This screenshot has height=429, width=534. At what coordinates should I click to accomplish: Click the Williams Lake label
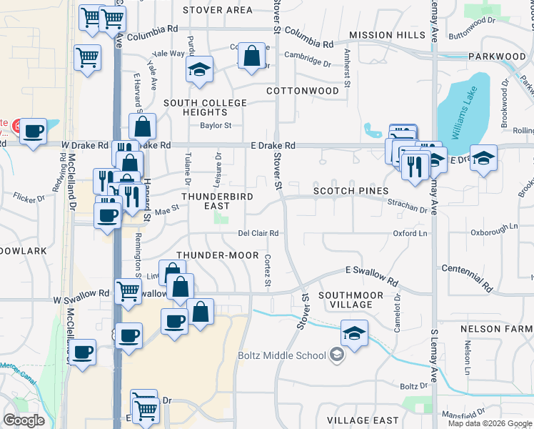[464, 107]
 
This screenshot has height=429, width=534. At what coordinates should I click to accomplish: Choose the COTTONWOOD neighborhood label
[302, 92]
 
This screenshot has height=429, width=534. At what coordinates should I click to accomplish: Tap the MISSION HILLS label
[387, 35]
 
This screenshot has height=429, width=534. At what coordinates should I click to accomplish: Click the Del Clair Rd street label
[258, 233]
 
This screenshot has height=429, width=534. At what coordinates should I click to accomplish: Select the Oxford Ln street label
[410, 233]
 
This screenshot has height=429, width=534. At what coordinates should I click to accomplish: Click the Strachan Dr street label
[407, 206]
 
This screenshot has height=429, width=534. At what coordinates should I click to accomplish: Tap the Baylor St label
[216, 126]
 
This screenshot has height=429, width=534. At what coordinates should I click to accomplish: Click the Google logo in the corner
[24, 420]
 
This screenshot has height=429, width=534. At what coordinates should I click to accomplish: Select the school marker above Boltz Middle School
[354, 332]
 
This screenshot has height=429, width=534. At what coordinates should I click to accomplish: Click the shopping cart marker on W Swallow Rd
[129, 290]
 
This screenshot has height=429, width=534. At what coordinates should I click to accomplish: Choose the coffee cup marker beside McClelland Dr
[83, 352]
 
